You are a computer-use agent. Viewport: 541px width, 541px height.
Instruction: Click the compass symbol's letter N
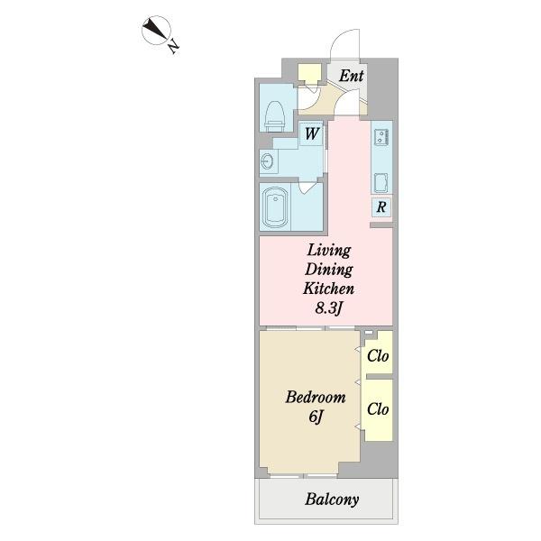[x=173, y=47]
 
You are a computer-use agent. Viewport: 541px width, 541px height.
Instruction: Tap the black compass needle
[x=155, y=29]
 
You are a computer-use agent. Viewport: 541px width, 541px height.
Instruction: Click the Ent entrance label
[x=351, y=76]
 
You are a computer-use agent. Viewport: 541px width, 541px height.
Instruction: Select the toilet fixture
[x=275, y=116]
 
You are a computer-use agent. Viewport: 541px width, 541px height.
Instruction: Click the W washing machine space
[x=312, y=133]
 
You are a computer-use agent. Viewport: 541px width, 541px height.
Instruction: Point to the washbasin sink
[x=268, y=161]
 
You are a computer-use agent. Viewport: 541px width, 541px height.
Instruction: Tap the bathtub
[x=275, y=207]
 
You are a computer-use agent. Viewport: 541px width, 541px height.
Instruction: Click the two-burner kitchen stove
[x=381, y=136]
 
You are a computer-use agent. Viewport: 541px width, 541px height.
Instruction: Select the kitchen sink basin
[x=381, y=182]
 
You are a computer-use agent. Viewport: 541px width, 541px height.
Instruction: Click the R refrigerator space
[x=381, y=207]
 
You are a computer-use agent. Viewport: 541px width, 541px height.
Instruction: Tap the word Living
[x=329, y=251]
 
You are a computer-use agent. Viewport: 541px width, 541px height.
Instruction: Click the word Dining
[x=329, y=270]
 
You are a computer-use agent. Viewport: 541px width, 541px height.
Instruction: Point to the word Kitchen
[x=329, y=289]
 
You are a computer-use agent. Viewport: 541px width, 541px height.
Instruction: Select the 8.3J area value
[x=328, y=308]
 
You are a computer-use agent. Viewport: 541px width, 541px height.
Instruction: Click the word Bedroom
[x=316, y=398]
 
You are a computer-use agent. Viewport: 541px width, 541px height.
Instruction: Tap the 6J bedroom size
[x=316, y=417]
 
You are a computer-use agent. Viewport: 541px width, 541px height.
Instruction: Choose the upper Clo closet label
[x=378, y=356]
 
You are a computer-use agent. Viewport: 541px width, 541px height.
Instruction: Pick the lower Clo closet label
[x=378, y=409]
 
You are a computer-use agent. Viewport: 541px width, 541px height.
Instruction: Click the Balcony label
[x=332, y=500]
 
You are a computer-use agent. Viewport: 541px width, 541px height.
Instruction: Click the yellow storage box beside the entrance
[x=309, y=74]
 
